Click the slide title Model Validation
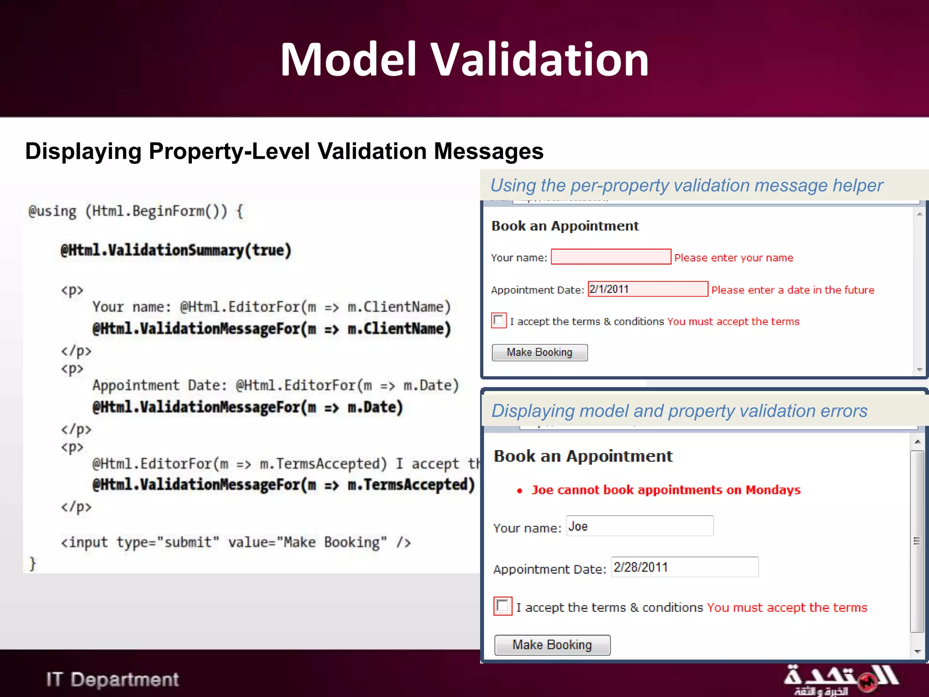pyautogui.click(x=464, y=59)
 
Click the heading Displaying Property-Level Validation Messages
pyautogui.click(x=284, y=151)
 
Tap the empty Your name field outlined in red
pyautogui.click(x=611, y=257)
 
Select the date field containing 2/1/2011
pyautogui.click(x=647, y=289)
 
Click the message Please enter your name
pyautogui.click(x=733, y=258)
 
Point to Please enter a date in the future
pyautogui.click(x=792, y=290)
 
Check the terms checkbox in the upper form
pyautogui.click(x=499, y=320)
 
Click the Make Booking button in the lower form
pyautogui.click(x=552, y=645)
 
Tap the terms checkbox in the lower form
pyautogui.click(x=503, y=606)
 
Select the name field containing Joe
pyautogui.click(x=640, y=526)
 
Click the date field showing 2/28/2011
pyautogui.click(x=685, y=567)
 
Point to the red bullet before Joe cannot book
pyautogui.click(x=520, y=491)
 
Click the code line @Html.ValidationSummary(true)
pyautogui.click(x=176, y=250)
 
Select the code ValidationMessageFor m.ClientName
pyautogui.click(x=271, y=329)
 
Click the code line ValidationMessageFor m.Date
pyautogui.click(x=248, y=407)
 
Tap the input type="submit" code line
pyautogui.click(x=236, y=542)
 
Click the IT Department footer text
pyautogui.click(x=112, y=680)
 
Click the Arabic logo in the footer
pyautogui.click(x=841, y=679)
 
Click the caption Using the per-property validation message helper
pyautogui.click(x=686, y=185)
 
